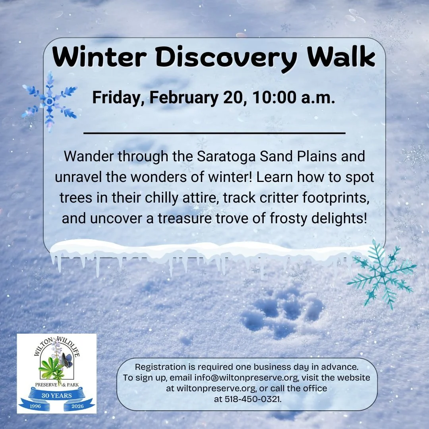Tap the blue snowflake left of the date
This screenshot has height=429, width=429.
click(x=50, y=101)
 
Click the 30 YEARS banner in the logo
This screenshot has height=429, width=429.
click(x=57, y=396)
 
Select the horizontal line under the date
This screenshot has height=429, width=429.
click(x=214, y=133)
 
